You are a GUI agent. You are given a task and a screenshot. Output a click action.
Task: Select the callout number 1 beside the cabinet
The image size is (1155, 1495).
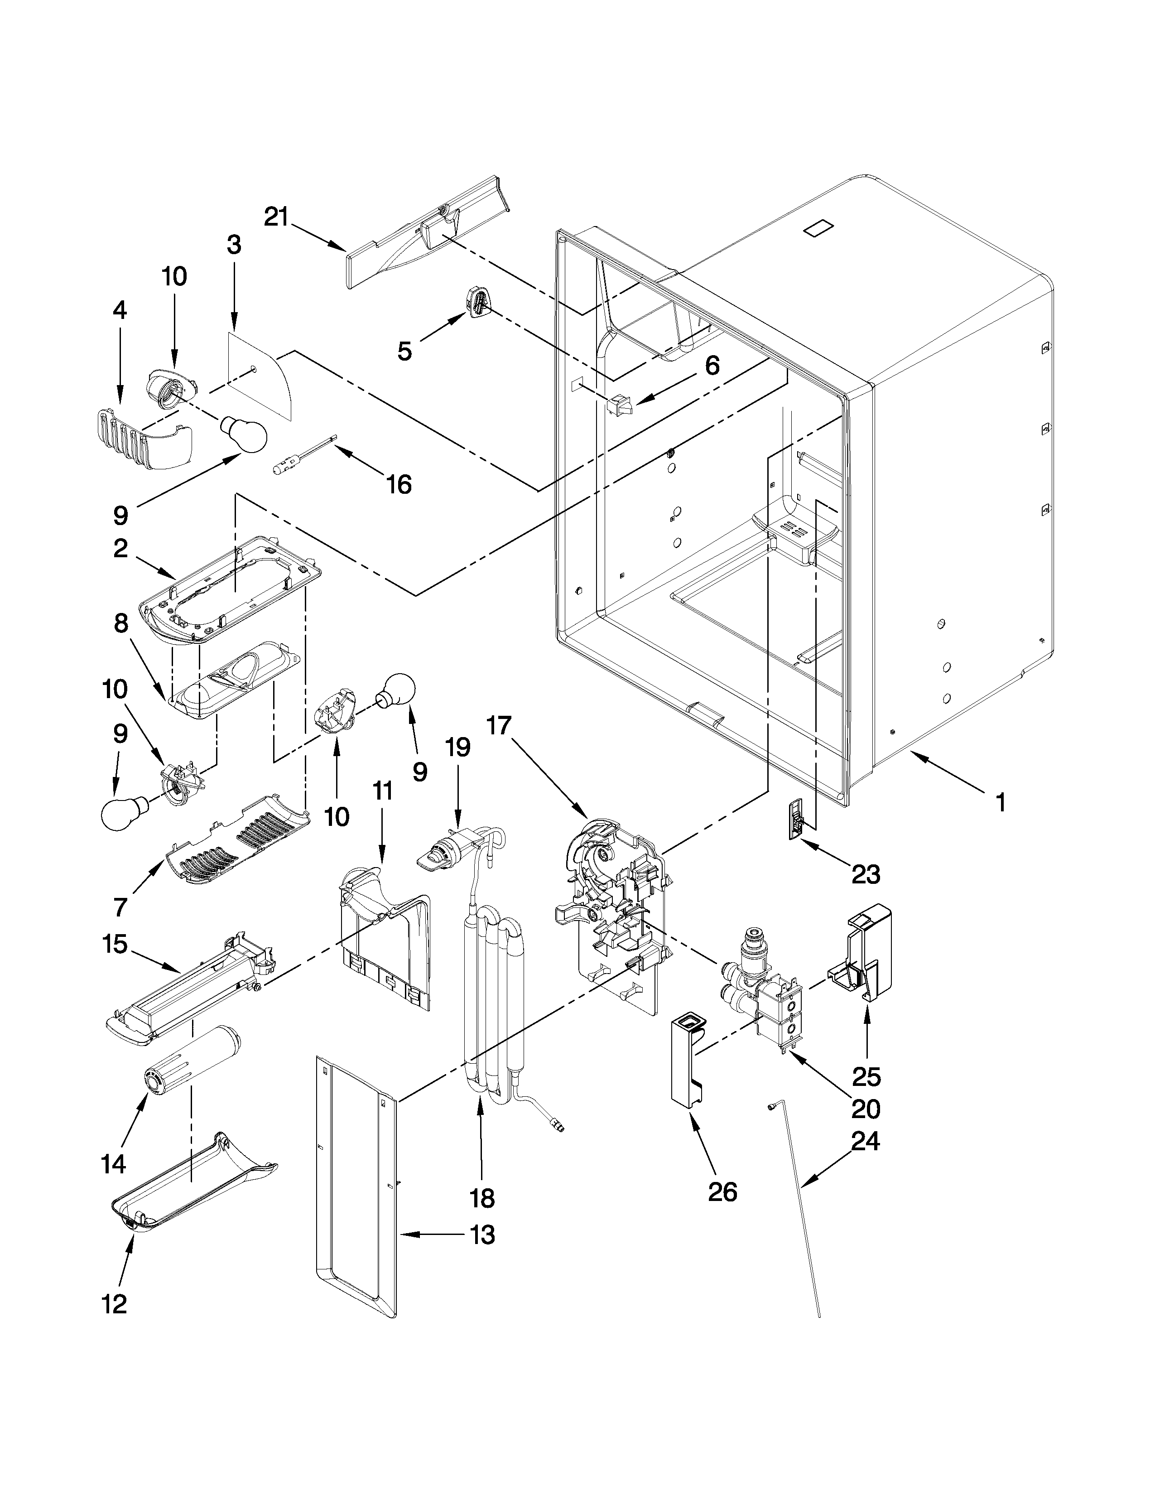(1001, 802)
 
